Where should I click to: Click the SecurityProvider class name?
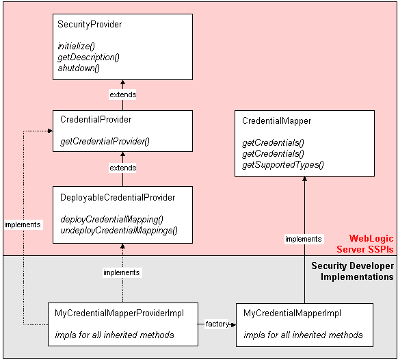tap(90, 24)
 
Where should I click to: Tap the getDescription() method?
tap(88, 57)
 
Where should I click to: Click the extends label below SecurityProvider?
tap(122, 94)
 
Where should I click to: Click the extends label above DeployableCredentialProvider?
tap(122, 168)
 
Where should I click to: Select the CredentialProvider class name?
tap(96, 120)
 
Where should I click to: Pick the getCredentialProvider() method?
tap(105, 142)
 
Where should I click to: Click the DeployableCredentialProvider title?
tap(118, 198)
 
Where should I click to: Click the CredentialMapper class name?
tap(276, 121)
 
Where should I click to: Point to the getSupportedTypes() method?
tap(282, 164)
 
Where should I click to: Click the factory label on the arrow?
tap(215, 323)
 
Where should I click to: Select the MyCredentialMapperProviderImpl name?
tap(118, 313)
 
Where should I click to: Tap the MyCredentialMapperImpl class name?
tap(292, 313)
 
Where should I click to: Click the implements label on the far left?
tap(22, 224)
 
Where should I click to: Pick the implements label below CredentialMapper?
tap(304, 239)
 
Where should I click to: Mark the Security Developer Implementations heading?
tap(352, 271)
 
